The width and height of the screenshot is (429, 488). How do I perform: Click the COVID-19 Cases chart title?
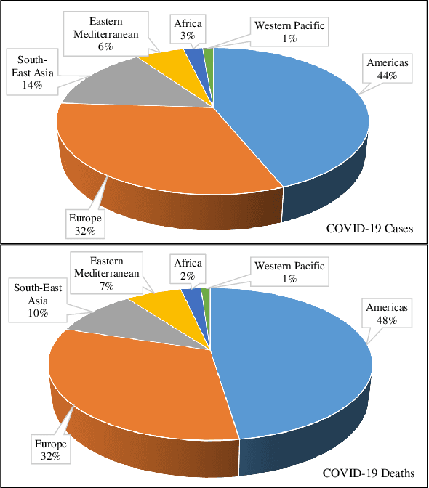369,229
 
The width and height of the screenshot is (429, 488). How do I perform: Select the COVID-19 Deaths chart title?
369,473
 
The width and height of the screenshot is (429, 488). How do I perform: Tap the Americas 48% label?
388,313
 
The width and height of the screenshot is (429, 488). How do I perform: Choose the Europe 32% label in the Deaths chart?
50,450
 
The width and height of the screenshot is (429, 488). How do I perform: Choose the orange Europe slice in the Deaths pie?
138,385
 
